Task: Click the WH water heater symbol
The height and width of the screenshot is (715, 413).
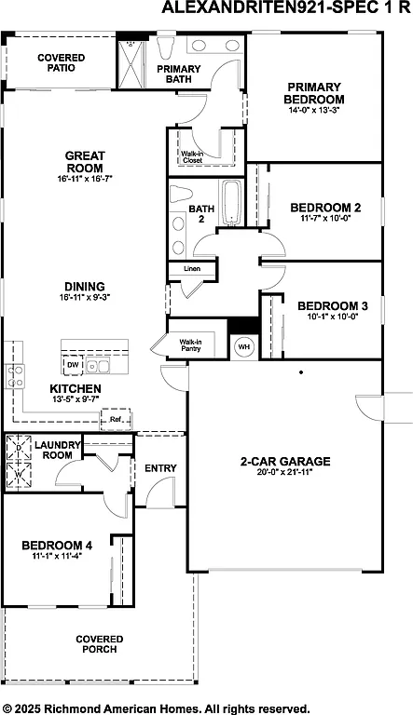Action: point(244,346)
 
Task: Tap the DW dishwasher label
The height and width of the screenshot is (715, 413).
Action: point(72,364)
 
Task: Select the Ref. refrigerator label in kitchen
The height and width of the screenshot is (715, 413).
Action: point(116,419)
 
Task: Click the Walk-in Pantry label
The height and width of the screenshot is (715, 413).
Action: point(190,346)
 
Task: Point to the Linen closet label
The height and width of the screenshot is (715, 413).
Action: point(190,269)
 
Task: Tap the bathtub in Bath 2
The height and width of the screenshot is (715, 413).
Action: point(230,204)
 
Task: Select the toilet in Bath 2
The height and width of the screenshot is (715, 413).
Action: point(178,196)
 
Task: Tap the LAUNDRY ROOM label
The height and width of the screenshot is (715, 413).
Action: point(56,450)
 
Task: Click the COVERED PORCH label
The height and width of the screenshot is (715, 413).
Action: point(98,643)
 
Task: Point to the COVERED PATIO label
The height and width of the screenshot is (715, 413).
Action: point(61,62)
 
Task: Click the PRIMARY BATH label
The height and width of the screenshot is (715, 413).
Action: point(179,74)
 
